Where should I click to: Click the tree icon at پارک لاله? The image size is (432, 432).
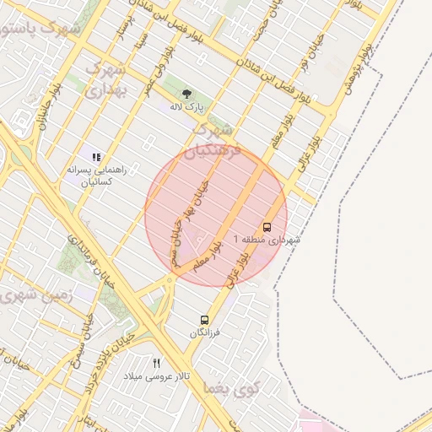point(186,93)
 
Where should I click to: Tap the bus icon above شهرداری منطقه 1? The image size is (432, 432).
point(267,227)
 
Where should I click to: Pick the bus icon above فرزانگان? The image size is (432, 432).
point(204,320)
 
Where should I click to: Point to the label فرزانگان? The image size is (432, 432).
point(204,333)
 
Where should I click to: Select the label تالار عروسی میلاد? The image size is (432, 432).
point(157,375)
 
